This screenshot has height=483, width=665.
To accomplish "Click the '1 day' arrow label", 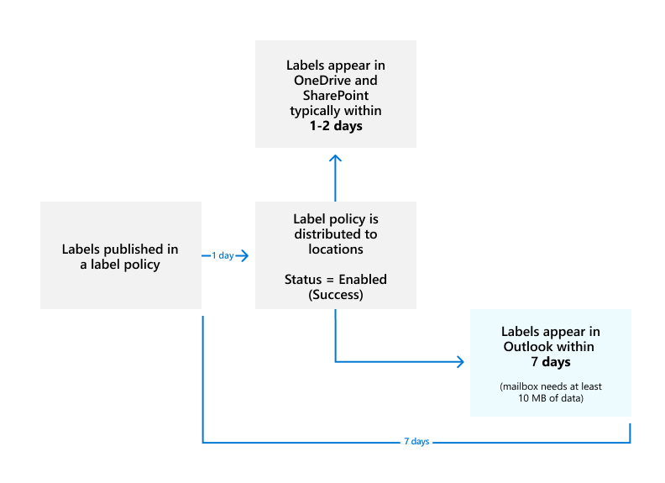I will tap(223, 255).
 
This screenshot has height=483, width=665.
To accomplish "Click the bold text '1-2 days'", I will tap(335, 126).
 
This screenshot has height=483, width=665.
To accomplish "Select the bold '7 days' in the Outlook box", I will tap(550, 362).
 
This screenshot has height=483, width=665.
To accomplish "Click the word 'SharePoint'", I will tap(335, 96).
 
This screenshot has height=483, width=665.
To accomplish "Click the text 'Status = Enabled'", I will tap(335, 279).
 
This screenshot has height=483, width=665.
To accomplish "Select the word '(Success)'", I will tap(335, 294).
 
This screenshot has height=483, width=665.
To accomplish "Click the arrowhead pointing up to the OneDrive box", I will tap(335, 160).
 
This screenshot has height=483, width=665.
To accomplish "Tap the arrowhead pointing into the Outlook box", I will tap(459, 362).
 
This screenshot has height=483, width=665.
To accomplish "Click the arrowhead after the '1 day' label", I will tap(244, 255).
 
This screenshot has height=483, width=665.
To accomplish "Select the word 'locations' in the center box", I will tap(335, 249).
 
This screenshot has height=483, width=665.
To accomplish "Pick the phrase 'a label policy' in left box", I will tap(120, 264).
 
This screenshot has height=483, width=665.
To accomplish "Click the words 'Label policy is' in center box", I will tap(335, 218).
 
